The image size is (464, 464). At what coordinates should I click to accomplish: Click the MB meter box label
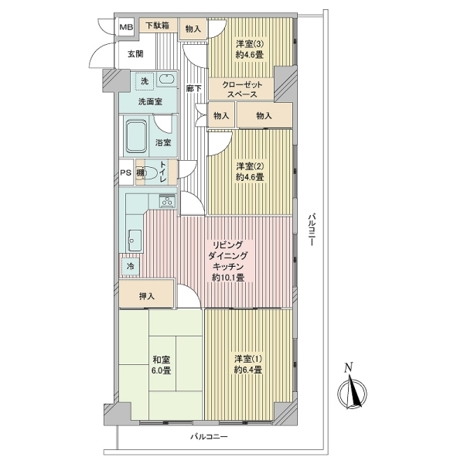pyautogui.click(x=126, y=27)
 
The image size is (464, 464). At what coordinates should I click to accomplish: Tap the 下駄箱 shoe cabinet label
pyautogui.click(x=157, y=26)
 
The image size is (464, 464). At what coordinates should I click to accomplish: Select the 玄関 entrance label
pyautogui.click(x=135, y=54)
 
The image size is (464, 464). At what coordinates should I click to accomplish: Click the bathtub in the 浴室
pyautogui.click(x=136, y=136)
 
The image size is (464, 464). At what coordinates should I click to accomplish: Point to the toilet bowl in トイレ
pyautogui.click(x=150, y=172)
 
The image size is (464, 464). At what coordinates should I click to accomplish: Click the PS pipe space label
pyautogui.click(x=126, y=172)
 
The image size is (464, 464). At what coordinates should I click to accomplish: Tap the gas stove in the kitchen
pyautogui.click(x=168, y=201)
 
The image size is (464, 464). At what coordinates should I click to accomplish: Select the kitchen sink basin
pyautogui.click(x=135, y=240)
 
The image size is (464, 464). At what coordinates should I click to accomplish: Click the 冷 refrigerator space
pyautogui.click(x=130, y=266)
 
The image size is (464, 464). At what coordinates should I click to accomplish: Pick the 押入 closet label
pyautogui.click(x=147, y=296)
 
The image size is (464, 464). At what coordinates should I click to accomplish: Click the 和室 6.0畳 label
pyautogui.click(x=162, y=365)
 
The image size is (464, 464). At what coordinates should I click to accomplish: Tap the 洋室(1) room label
pyautogui.click(x=248, y=364)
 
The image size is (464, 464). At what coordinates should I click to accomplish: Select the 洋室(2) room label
pyautogui.click(x=250, y=172)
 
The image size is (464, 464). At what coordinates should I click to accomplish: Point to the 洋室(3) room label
pyautogui.click(x=250, y=49)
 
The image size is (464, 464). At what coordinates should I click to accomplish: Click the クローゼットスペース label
pyautogui.click(x=242, y=90)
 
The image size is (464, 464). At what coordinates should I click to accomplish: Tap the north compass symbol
pyautogui.click(x=352, y=391)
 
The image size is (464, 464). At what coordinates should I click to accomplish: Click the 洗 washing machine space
pyautogui.click(x=145, y=81)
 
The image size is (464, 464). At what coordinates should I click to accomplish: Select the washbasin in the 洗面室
pyautogui.click(x=167, y=80)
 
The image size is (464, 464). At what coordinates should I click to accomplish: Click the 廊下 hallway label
pyautogui.click(x=194, y=88)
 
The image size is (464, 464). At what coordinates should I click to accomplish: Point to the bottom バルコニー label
pyautogui.click(x=210, y=436)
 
